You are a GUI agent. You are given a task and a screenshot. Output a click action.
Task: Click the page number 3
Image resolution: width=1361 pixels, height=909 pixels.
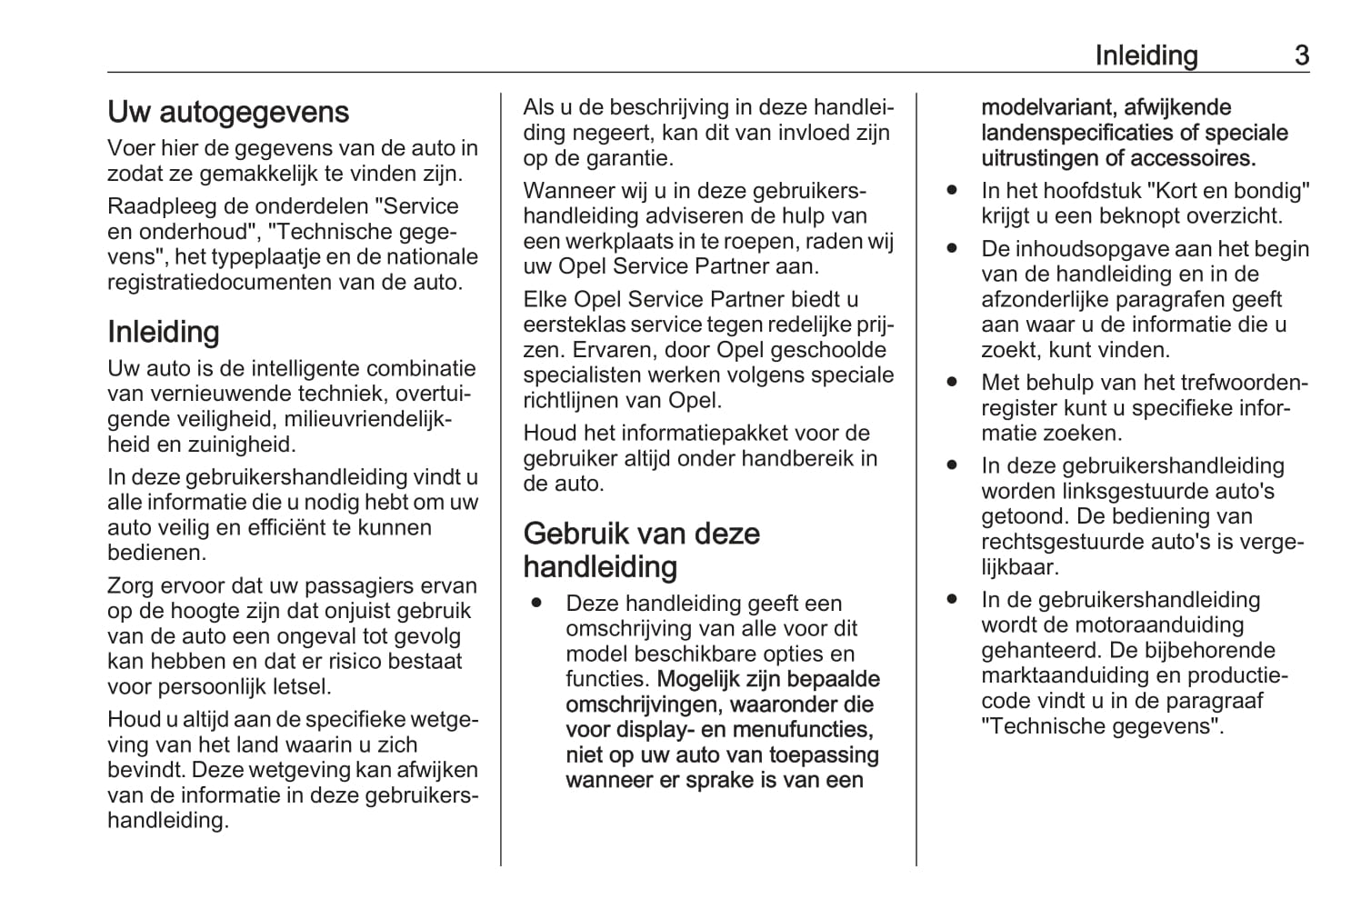coord(1301,55)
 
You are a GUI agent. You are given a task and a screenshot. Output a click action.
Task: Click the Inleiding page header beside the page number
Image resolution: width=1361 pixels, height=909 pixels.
coord(1146,55)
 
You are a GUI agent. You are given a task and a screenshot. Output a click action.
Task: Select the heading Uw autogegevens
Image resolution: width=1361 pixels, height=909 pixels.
coord(228,112)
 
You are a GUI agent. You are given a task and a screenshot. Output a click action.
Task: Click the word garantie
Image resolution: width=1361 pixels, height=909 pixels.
coord(625,158)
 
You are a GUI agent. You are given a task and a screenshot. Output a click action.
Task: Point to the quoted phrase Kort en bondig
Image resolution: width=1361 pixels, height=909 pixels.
coord(1228,191)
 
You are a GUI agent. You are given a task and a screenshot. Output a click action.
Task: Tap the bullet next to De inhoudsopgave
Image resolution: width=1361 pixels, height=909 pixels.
coord(952,249)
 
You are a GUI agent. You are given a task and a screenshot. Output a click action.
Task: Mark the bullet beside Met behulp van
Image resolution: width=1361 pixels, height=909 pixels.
coord(952,383)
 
